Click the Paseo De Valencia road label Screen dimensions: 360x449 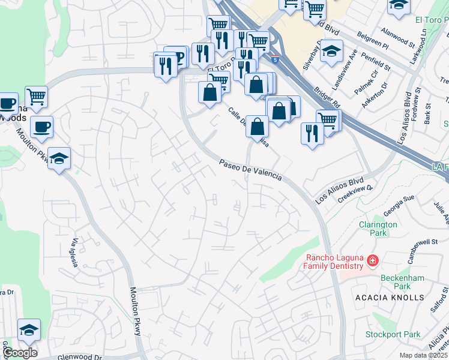[250, 169]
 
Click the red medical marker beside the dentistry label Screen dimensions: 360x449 [373, 260]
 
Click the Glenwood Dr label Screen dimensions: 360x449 [80, 357]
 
